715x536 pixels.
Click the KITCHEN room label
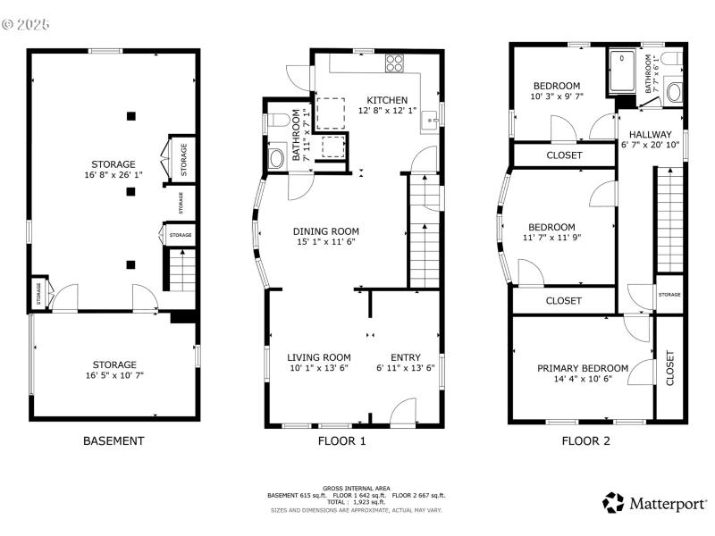pos(387,100)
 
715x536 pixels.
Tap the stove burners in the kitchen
pos(393,63)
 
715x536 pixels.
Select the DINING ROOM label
pos(325,231)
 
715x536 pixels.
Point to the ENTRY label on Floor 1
pos(406,357)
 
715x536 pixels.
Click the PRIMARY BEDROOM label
pos(582,368)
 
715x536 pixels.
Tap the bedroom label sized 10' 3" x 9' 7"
pos(555,86)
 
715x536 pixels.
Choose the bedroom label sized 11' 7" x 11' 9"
pos(551,227)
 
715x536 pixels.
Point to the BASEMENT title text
pos(114,440)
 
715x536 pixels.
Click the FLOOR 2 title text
pos(585,440)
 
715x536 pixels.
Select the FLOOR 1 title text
pos(341,440)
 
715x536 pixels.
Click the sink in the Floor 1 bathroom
pos(277,159)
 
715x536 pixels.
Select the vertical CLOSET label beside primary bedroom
pos(670,367)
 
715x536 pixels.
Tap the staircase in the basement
pos(181,271)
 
